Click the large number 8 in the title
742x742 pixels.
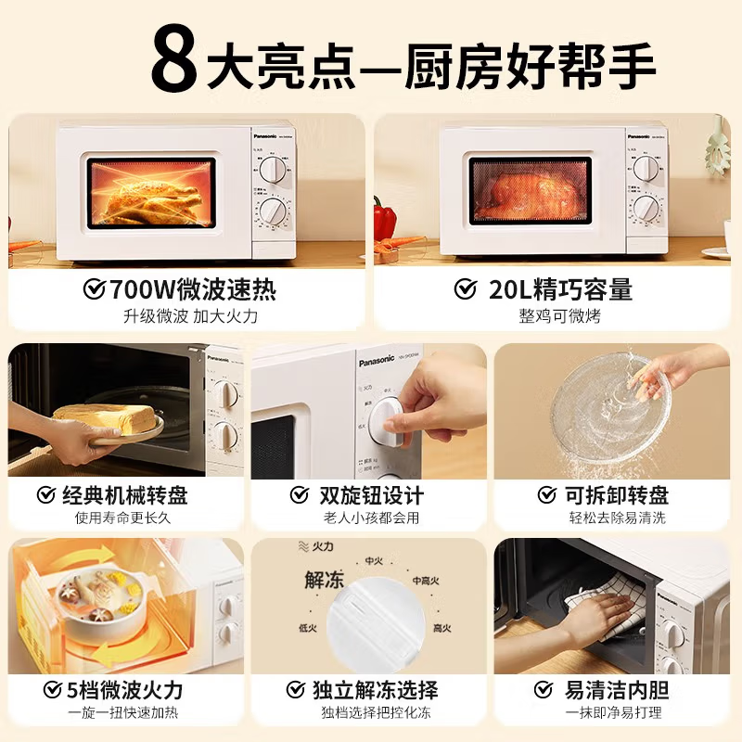(175, 60)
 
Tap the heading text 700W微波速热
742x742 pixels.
(192, 289)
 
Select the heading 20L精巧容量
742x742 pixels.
(560, 289)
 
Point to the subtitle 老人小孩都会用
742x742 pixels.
(371, 518)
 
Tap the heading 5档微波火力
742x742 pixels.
(126, 690)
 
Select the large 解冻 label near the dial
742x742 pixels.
(325, 581)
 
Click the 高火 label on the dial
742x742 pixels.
(441, 628)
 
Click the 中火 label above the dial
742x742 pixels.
(374, 561)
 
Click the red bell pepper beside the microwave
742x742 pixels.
(385, 219)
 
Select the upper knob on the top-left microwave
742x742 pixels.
(273, 169)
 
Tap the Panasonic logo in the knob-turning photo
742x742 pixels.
(377, 361)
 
